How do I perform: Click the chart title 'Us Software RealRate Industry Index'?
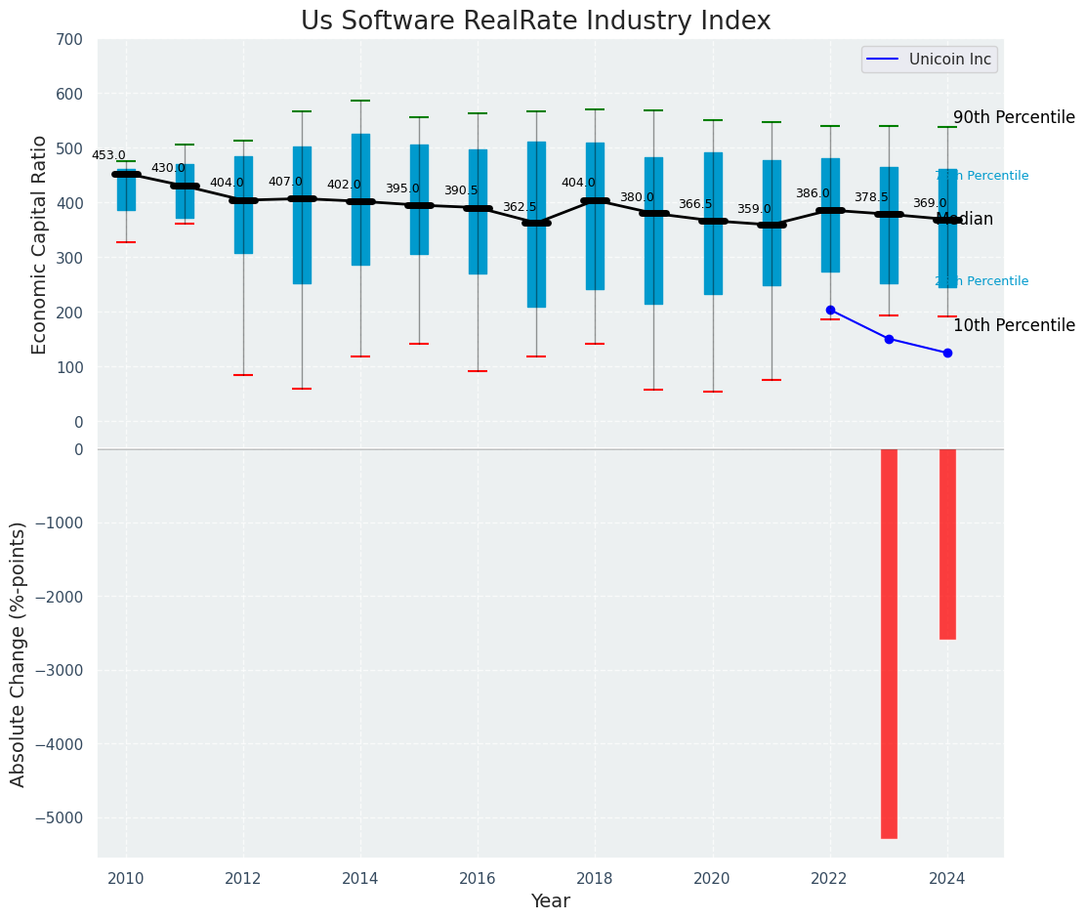[x=535, y=21]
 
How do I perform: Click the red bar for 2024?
[x=947, y=544]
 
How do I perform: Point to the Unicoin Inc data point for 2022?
[x=830, y=310]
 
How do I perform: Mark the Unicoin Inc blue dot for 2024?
[x=947, y=353]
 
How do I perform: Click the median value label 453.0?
[x=108, y=155]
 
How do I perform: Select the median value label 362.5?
[x=520, y=207]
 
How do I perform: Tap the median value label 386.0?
[x=813, y=193]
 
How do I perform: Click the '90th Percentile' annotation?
[x=1014, y=117]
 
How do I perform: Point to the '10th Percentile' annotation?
[x=1014, y=325]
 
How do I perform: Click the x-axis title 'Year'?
[x=550, y=901]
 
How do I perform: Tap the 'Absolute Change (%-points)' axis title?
[x=18, y=653]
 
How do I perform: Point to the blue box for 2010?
[x=126, y=190]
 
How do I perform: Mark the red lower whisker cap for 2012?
[x=243, y=375]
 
